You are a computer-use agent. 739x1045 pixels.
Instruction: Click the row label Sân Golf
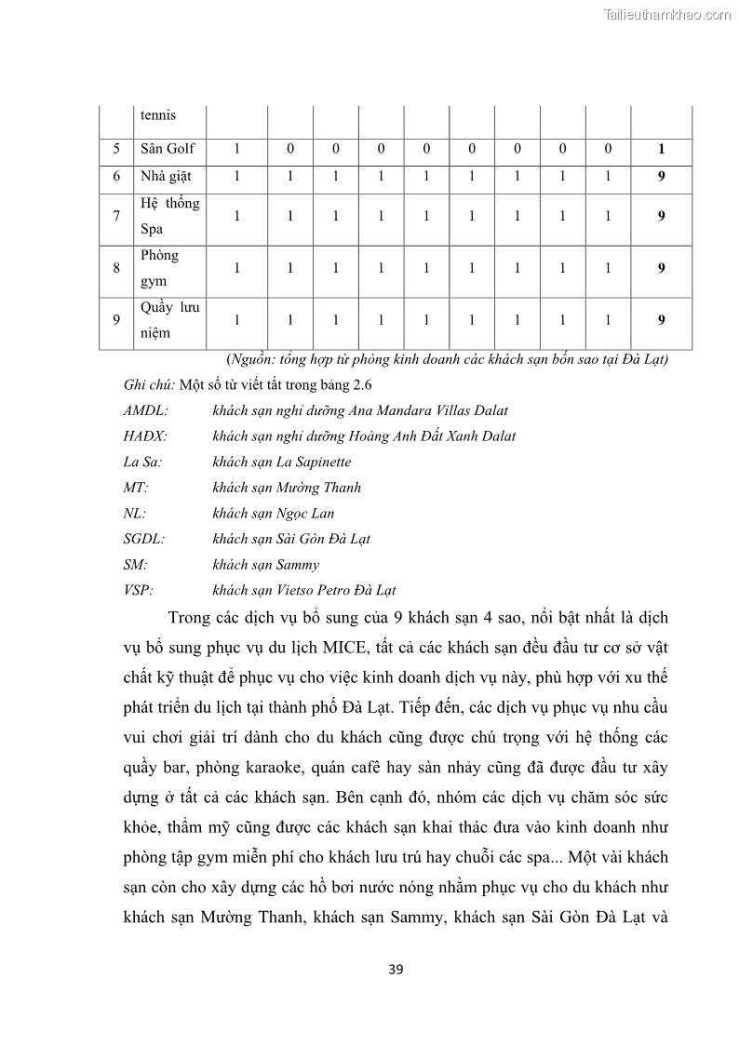click(168, 149)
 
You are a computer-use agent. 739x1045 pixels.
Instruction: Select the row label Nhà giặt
click(168, 176)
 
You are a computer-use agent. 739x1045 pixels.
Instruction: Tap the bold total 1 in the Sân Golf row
click(661, 149)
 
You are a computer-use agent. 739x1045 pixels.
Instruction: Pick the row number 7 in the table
click(116, 216)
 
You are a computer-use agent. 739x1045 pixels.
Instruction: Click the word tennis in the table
click(158, 115)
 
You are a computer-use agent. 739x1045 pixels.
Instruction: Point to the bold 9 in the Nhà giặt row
click(661, 176)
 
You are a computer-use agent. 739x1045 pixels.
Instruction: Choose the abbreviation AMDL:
click(145, 410)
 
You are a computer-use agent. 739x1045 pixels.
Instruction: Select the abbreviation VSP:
click(138, 590)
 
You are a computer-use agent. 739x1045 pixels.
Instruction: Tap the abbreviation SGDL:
click(143, 539)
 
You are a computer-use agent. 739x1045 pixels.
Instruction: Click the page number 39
click(396, 970)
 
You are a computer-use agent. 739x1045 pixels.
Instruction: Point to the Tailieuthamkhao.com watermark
click(667, 14)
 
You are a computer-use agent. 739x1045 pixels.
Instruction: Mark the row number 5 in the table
click(116, 149)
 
